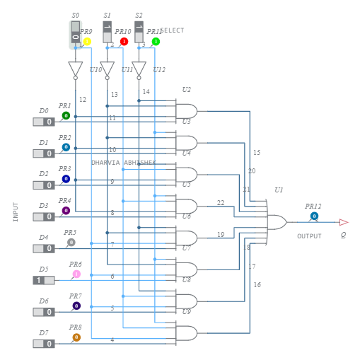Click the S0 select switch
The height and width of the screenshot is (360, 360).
pos(76,32)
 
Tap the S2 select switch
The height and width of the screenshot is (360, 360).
pos(139,32)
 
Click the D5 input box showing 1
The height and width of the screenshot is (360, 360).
pos(43,280)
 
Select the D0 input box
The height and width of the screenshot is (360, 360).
pos(43,122)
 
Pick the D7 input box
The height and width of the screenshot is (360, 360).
pos(43,344)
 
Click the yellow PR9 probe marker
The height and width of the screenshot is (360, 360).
pos(87,42)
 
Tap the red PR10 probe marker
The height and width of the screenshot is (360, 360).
pos(124,42)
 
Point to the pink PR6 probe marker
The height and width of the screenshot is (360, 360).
pos(76,274)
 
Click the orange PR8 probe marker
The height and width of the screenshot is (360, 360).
pos(76,337)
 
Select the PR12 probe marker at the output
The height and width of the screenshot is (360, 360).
pos(314,216)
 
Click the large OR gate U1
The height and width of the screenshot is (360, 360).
pos(277,222)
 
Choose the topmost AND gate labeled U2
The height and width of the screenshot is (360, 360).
pos(187,110)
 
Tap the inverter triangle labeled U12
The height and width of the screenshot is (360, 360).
pos(139,69)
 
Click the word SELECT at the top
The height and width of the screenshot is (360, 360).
pos(173,31)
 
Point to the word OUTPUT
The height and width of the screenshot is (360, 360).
pos(309,236)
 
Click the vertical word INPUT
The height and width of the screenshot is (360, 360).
pos(16,212)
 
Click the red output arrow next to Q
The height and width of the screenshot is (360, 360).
pos(343,222)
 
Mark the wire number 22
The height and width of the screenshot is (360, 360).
pos(221,203)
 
